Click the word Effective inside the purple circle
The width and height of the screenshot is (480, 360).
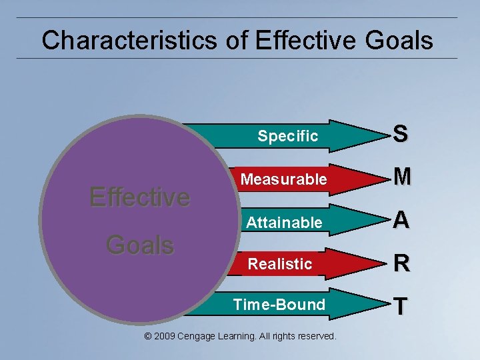[140, 197]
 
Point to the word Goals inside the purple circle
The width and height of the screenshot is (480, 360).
[140, 245]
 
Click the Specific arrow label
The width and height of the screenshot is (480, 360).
[287, 137]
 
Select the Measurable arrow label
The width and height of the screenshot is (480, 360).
[283, 179]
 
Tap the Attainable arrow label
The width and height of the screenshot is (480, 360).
[284, 223]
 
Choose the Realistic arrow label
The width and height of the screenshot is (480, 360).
[279, 264]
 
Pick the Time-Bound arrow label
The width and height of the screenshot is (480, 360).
[279, 305]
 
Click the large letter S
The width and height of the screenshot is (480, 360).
[401, 134]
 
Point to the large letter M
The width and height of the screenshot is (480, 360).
[402, 177]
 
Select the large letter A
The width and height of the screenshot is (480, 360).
[401, 220]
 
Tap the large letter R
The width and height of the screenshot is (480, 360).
[401, 264]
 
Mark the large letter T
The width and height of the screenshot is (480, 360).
[401, 306]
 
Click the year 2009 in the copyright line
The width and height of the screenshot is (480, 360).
[165, 336]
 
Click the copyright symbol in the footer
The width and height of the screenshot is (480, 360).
[147, 336]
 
